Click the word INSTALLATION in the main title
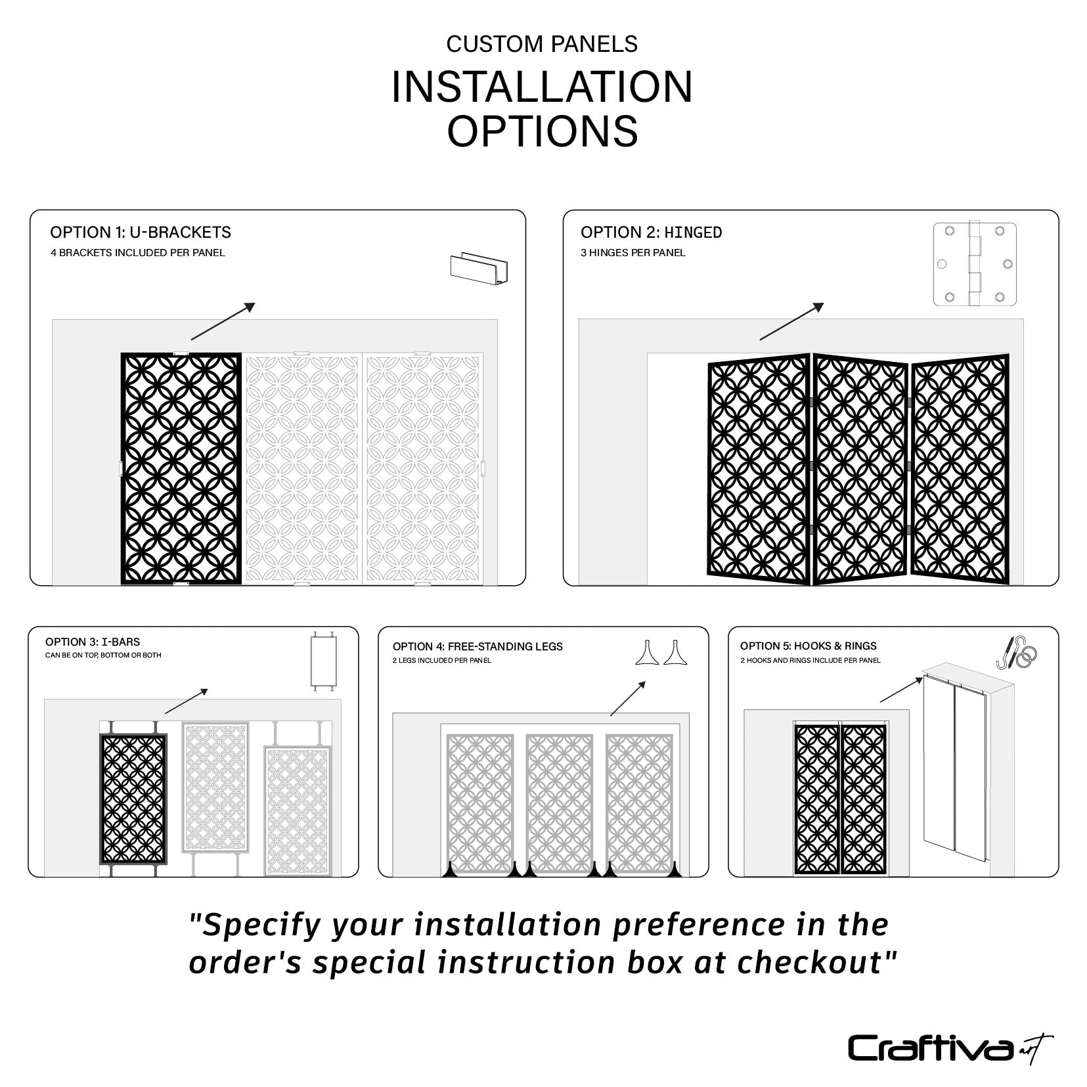[542, 87]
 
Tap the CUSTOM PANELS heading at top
[542, 44]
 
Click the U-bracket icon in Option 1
[479, 267]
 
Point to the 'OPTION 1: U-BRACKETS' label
[141, 233]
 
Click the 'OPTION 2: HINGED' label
[651, 233]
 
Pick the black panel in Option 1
[181, 468]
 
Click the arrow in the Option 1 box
[223, 321]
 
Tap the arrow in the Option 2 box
[791, 321]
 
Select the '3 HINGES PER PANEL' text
[632, 253]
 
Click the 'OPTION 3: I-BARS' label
[93, 642]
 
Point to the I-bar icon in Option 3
[322, 661]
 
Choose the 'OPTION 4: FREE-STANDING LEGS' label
[477, 646]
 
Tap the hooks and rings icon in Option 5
[1017, 652]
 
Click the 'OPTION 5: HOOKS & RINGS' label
[808, 646]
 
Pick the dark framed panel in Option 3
[133, 798]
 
